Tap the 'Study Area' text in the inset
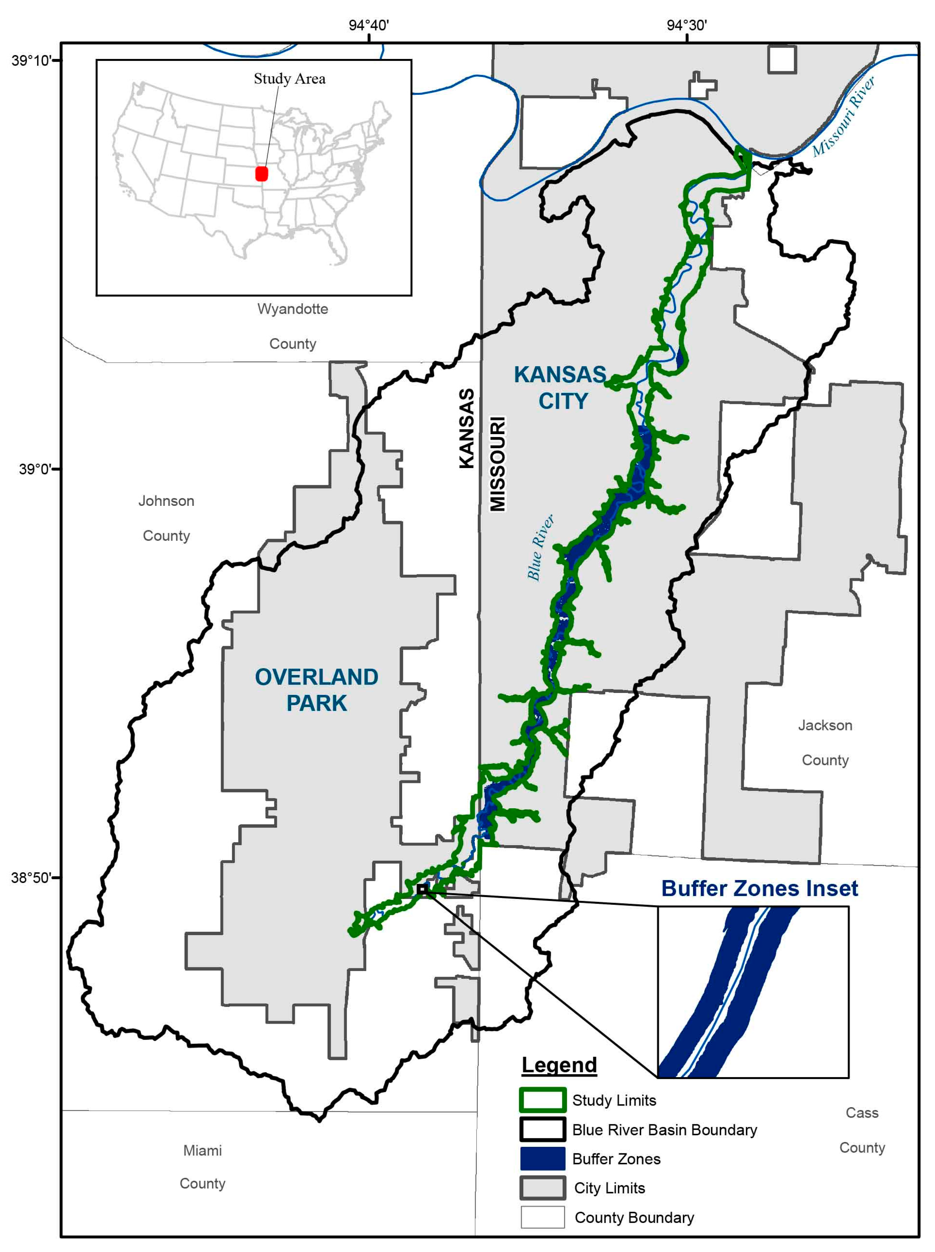289,78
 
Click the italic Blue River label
541,547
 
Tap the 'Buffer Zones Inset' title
759,888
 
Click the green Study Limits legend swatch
542,1100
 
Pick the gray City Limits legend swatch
542,1188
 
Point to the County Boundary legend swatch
542,1217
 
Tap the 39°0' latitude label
35,469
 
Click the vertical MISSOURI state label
498,464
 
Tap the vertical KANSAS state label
466,428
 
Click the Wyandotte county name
293,309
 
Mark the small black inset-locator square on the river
422,889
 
